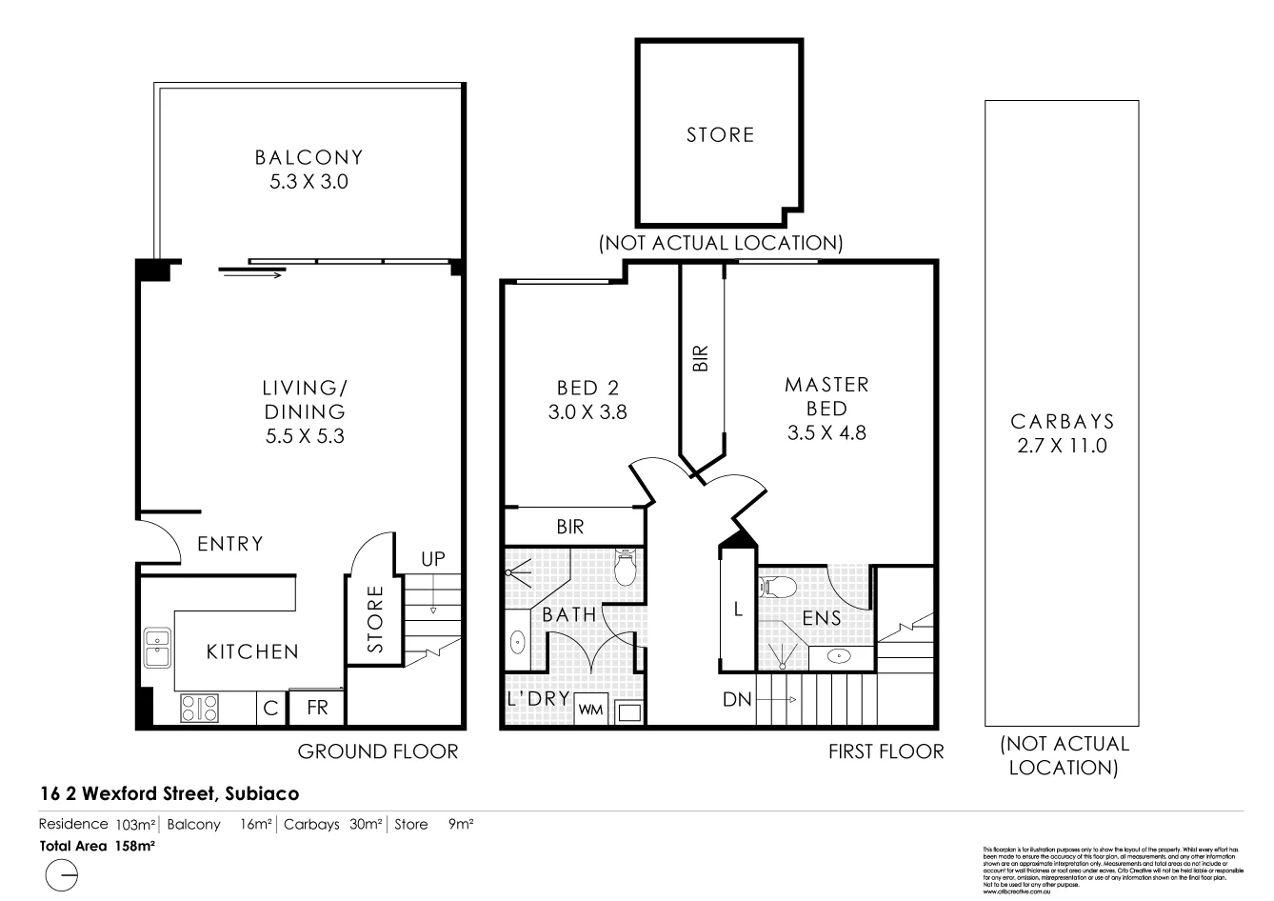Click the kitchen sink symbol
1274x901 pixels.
(156, 649)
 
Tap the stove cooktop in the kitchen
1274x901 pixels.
(200, 708)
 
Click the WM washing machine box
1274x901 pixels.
(590, 710)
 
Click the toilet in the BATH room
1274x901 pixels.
(626, 568)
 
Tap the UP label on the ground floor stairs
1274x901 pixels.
(433, 559)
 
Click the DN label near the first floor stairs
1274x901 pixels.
(736, 700)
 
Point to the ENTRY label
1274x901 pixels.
(229, 544)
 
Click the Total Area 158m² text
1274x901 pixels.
(97, 845)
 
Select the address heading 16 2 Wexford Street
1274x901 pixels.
(169, 792)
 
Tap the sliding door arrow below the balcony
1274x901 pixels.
(252, 275)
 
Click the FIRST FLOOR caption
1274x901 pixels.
(886, 751)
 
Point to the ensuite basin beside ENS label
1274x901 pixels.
(839, 655)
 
